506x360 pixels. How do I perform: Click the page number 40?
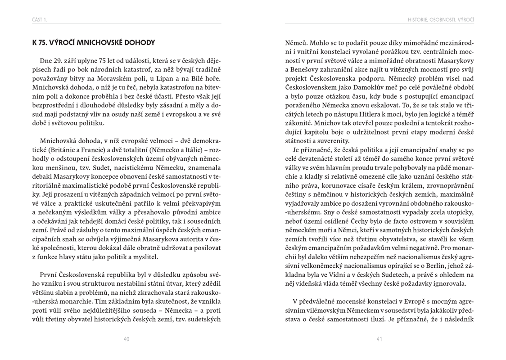click(x=126, y=339)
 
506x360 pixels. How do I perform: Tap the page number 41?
click(x=379, y=339)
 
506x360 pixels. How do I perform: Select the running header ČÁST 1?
click(x=40, y=20)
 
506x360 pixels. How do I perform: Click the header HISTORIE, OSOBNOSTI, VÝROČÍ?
click(x=441, y=20)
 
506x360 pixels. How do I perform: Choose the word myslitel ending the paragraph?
click(x=144, y=257)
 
